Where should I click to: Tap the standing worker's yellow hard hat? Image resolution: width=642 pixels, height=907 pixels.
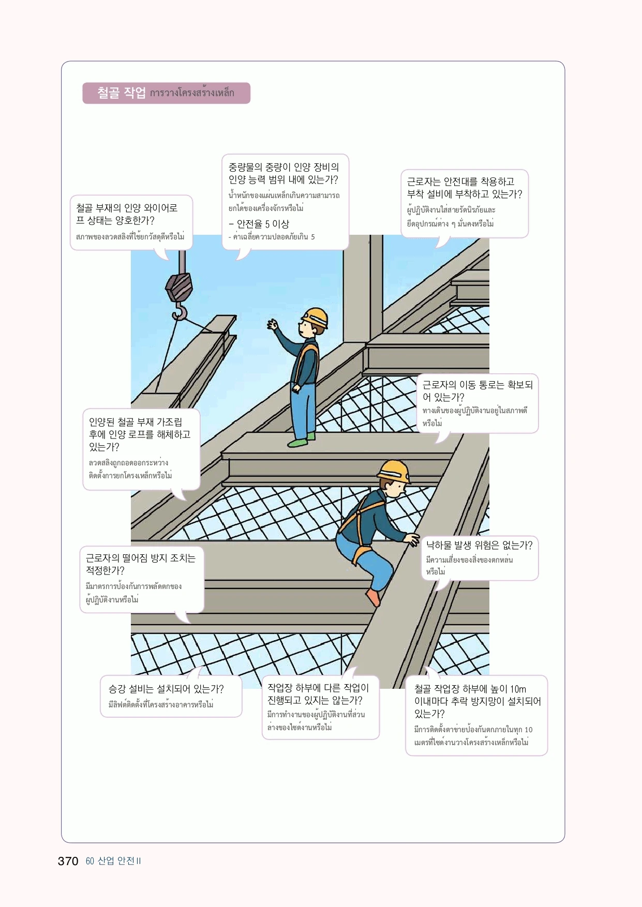316,316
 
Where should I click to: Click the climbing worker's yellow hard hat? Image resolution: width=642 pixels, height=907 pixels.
394,471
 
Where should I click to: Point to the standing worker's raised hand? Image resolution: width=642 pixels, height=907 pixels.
272,325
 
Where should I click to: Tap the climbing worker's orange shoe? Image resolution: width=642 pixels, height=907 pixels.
373,598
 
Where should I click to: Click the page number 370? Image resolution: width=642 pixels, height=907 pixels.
68,861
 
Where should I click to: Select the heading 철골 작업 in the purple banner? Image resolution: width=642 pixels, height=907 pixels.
122,93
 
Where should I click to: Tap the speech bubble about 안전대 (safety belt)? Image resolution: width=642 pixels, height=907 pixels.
464,203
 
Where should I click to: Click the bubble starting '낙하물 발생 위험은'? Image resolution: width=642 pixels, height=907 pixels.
480,558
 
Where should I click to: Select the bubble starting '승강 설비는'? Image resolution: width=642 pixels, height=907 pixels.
171,696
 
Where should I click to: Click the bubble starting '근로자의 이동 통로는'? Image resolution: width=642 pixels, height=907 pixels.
477,403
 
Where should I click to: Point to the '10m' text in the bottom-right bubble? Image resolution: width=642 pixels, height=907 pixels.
518,689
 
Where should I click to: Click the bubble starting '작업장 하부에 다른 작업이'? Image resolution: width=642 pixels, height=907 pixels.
320,707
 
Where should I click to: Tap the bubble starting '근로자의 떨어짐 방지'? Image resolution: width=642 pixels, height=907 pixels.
142,579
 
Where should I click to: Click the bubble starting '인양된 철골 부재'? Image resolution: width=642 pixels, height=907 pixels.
141,449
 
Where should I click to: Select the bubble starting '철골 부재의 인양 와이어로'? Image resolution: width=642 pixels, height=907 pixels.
131,222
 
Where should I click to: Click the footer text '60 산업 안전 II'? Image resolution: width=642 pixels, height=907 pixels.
113,861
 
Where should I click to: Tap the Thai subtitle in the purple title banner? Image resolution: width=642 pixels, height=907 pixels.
192,93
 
